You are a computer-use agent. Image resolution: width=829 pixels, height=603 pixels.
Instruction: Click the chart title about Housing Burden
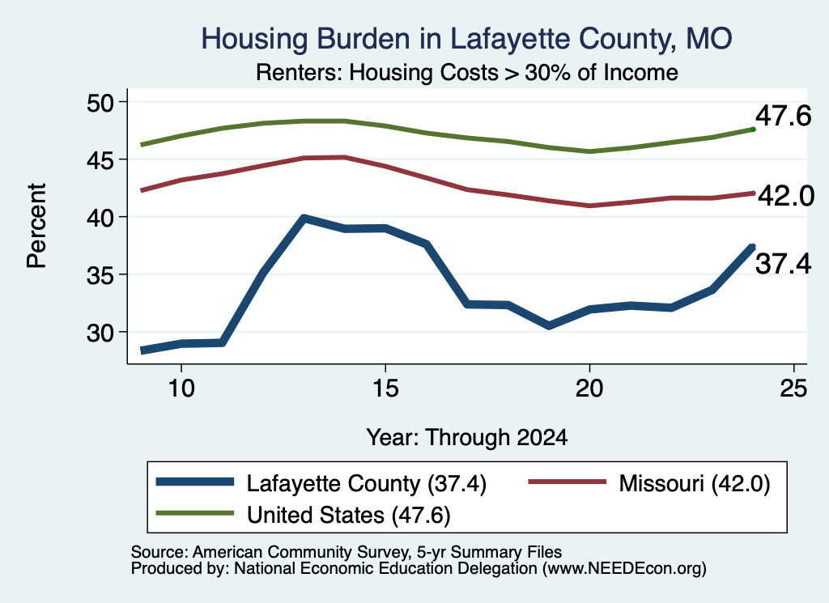click(x=466, y=39)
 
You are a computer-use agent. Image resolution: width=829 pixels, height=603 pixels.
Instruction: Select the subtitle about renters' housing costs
click(x=467, y=72)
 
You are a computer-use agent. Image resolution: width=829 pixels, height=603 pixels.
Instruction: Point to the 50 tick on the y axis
click(x=100, y=102)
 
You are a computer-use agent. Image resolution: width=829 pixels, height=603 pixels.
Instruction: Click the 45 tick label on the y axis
click(x=100, y=159)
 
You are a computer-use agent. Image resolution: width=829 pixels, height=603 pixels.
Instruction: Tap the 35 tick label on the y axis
click(x=100, y=275)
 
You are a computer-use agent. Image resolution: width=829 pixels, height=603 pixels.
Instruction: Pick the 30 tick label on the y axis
click(x=100, y=333)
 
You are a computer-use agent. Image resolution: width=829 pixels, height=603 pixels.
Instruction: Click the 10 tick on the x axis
click(x=181, y=389)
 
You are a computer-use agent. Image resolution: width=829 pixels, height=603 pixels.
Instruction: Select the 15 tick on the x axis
click(x=385, y=389)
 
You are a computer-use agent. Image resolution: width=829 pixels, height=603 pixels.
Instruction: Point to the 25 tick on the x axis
click(x=793, y=389)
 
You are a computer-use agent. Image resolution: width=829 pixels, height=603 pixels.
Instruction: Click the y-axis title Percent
click(x=36, y=226)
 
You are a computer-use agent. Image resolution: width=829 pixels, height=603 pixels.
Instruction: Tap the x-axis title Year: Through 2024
click(x=467, y=438)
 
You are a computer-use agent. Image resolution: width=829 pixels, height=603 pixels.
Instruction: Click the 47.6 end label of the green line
click(x=783, y=116)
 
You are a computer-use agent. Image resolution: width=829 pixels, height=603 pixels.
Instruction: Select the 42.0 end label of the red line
click(x=786, y=196)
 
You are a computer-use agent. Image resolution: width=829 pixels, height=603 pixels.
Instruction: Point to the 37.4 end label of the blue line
click(x=783, y=264)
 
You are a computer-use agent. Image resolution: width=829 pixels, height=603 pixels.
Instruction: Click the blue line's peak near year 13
click(x=304, y=218)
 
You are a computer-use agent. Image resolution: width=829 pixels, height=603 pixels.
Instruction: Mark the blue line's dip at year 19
click(x=549, y=325)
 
